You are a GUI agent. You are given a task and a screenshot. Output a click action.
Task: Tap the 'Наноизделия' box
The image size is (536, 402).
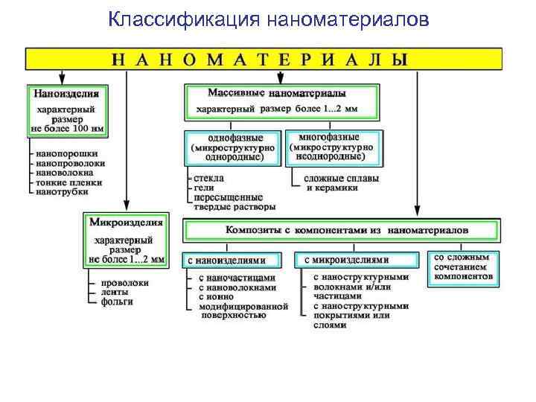68,112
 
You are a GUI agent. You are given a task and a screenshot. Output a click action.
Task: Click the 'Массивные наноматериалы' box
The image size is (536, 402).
280,102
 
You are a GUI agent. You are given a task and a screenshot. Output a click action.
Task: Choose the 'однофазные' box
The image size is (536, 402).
233,147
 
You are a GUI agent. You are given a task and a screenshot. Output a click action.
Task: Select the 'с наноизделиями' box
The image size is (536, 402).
234,261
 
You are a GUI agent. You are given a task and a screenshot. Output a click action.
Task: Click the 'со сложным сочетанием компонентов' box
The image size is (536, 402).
463,267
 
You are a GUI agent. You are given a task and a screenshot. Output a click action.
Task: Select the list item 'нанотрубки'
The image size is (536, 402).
61,191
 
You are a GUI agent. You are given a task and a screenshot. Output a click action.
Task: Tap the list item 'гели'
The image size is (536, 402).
204,188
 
